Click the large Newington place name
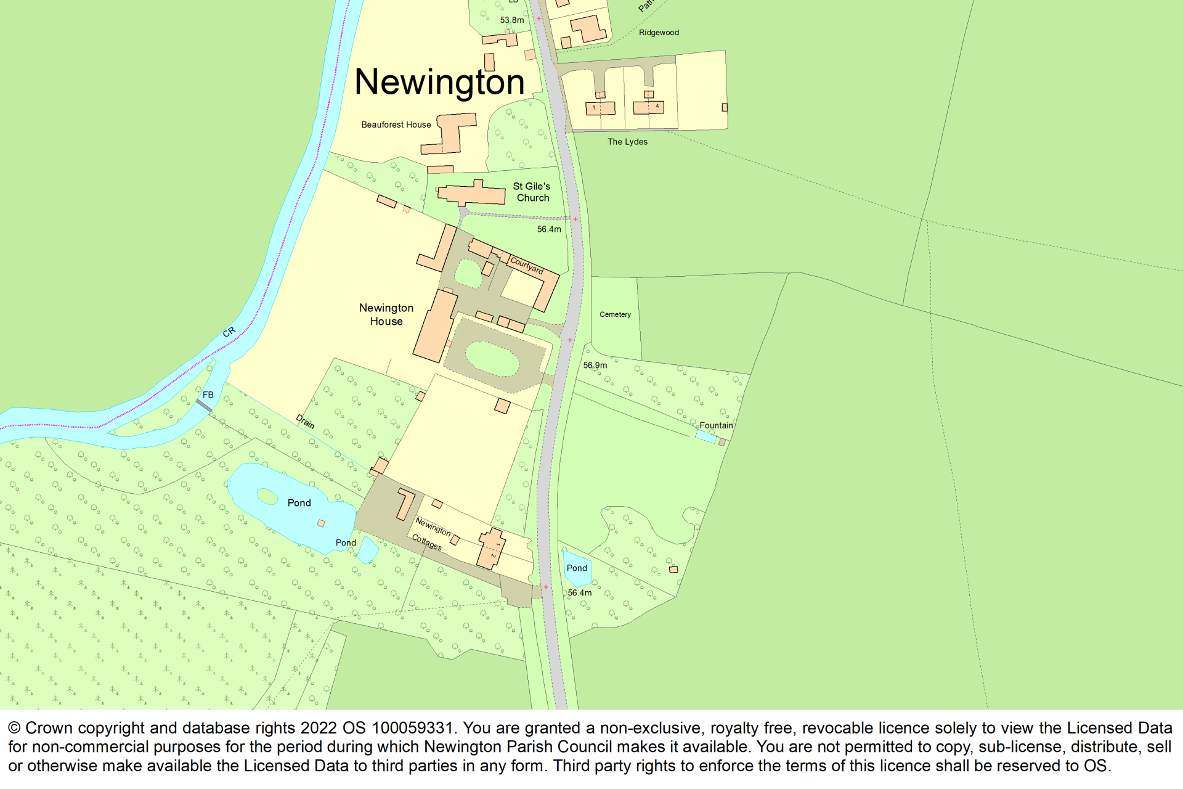439,82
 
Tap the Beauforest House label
396,125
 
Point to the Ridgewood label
659,33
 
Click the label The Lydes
627,142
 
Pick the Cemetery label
615,314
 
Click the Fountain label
716,425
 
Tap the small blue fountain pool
705,436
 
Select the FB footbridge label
208,394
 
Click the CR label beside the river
229,332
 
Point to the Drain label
305,422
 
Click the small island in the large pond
267,496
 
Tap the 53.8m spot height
511,20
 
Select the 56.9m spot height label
595,366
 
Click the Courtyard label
527,265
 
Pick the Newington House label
386,314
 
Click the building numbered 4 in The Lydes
648,108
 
